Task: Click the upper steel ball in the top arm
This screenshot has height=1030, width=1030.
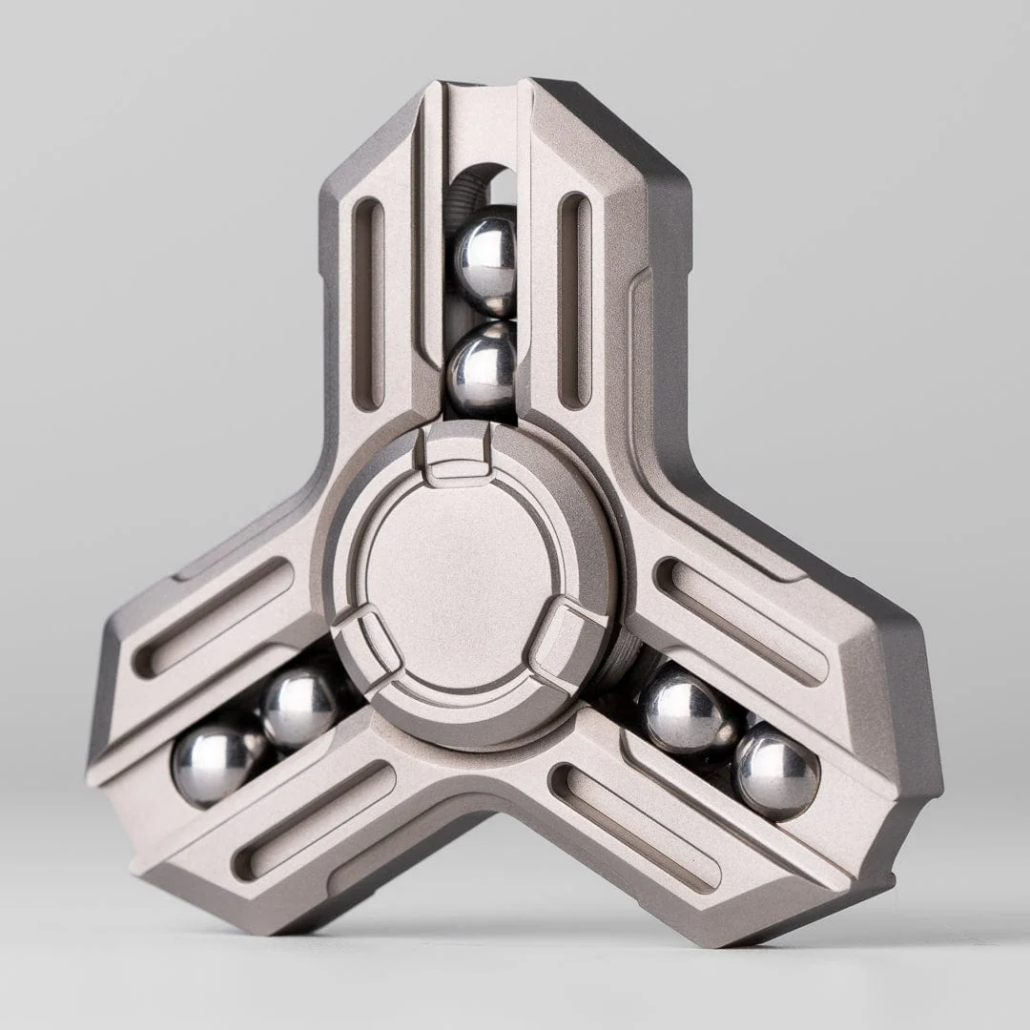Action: pos(484,260)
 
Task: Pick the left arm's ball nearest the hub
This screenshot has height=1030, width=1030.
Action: pos(299,706)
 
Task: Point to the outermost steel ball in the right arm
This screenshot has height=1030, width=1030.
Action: pos(775,771)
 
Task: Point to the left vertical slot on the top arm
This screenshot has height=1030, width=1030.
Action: pos(368,302)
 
